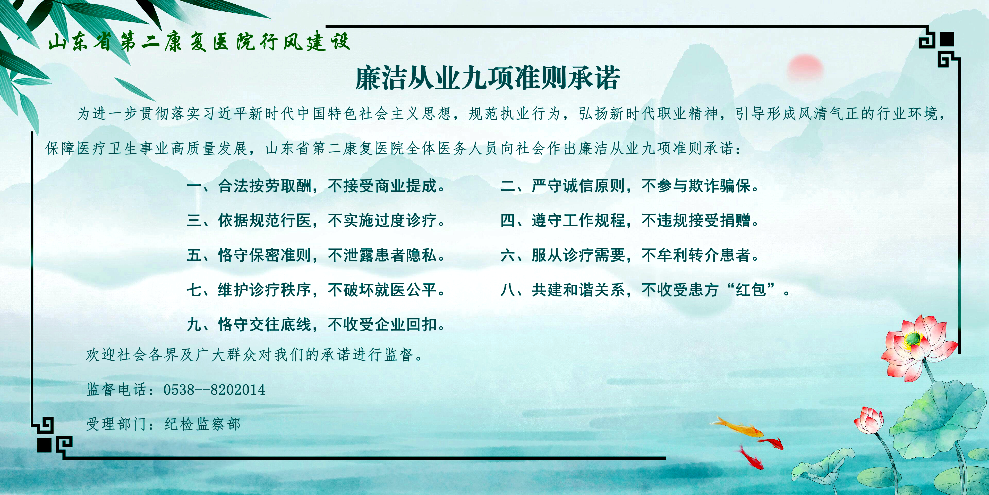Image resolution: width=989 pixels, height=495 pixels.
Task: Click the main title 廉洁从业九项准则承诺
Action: [487, 78]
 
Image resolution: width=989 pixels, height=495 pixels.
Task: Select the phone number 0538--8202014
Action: [214, 390]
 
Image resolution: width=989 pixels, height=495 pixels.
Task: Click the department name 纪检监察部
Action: [202, 424]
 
